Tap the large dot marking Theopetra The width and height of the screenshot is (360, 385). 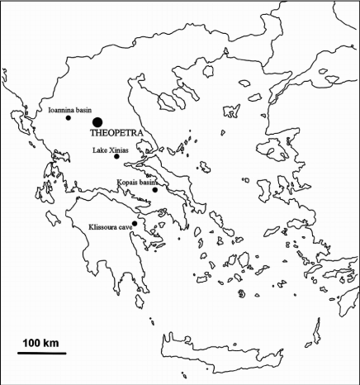coord(98,122)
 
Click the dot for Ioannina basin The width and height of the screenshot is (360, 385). coord(69,118)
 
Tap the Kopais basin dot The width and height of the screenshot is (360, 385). coord(154,189)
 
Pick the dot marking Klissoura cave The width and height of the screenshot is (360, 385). coord(135,223)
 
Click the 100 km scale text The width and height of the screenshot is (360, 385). coord(41,342)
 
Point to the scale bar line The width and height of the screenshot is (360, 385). coord(41,353)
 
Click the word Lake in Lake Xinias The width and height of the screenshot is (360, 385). coord(99,150)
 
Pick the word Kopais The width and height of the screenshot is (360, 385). coord(129,183)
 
